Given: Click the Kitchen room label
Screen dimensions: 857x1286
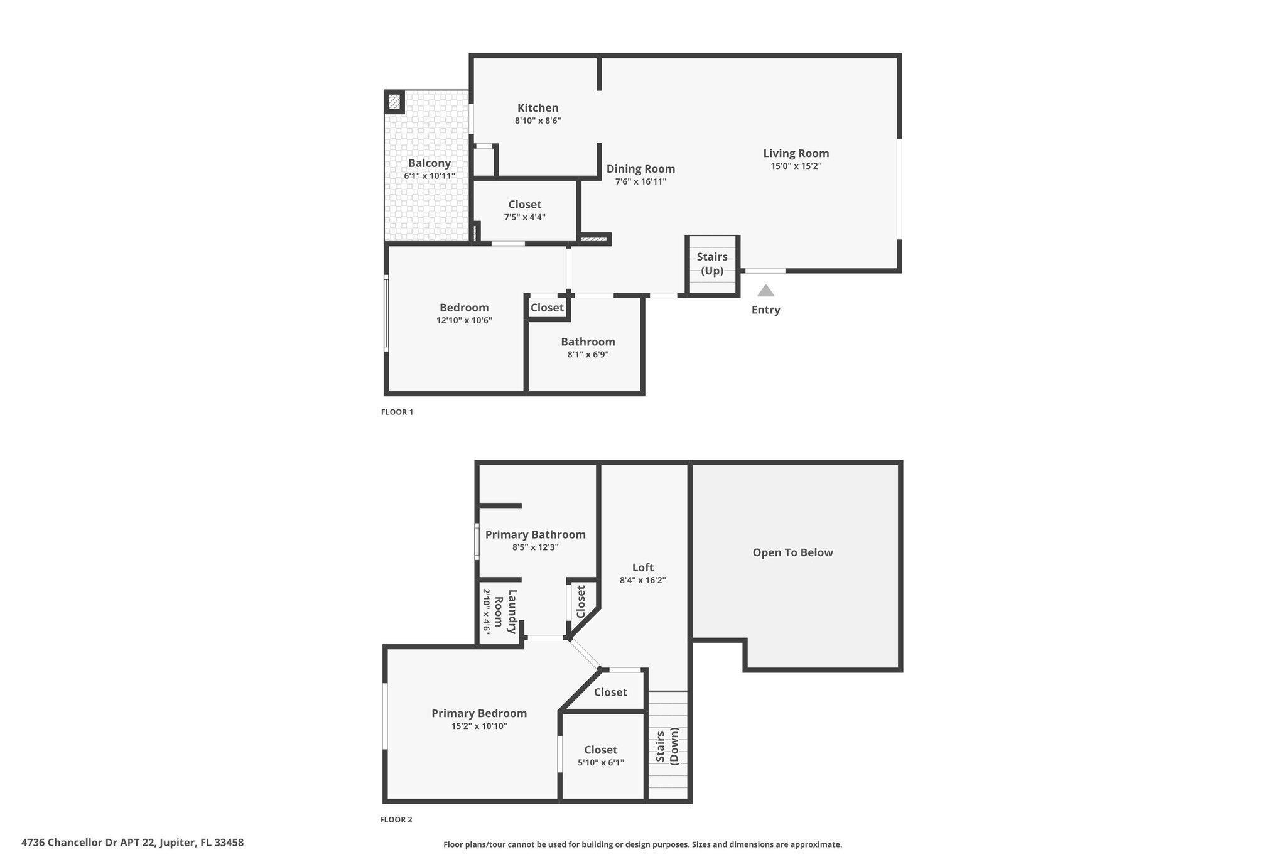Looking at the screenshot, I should (x=538, y=108).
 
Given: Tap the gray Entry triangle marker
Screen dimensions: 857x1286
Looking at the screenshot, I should (x=765, y=291).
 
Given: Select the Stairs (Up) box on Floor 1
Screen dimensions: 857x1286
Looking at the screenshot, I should (x=712, y=264).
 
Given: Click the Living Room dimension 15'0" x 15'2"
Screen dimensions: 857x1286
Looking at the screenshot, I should (x=796, y=166).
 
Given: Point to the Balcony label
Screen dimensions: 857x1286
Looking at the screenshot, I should (x=430, y=163).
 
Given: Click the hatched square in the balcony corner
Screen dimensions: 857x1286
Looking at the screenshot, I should (x=394, y=101).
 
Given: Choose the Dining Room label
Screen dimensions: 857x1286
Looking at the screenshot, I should (x=640, y=169).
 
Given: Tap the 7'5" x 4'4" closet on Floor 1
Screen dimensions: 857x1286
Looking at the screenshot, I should (x=524, y=210).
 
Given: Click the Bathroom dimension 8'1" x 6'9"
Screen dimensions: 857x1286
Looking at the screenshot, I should (x=588, y=355).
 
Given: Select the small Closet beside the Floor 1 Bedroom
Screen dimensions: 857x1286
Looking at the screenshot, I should (x=547, y=308).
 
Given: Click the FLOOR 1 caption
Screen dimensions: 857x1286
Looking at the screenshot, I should (x=397, y=412).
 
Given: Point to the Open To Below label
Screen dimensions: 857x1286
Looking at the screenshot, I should (x=792, y=552).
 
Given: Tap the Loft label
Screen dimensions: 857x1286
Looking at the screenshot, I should (x=642, y=568).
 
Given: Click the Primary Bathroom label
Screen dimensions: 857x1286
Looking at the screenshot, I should (x=535, y=534).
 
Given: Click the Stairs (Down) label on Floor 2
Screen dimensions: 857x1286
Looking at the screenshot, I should (x=667, y=745).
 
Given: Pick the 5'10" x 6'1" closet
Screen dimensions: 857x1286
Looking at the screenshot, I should (x=601, y=756).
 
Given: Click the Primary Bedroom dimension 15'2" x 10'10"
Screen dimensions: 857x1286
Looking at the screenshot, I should (x=479, y=726).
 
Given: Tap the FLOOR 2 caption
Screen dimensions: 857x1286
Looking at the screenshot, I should (x=396, y=820).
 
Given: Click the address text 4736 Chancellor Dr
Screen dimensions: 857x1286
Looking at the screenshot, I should (x=132, y=843).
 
